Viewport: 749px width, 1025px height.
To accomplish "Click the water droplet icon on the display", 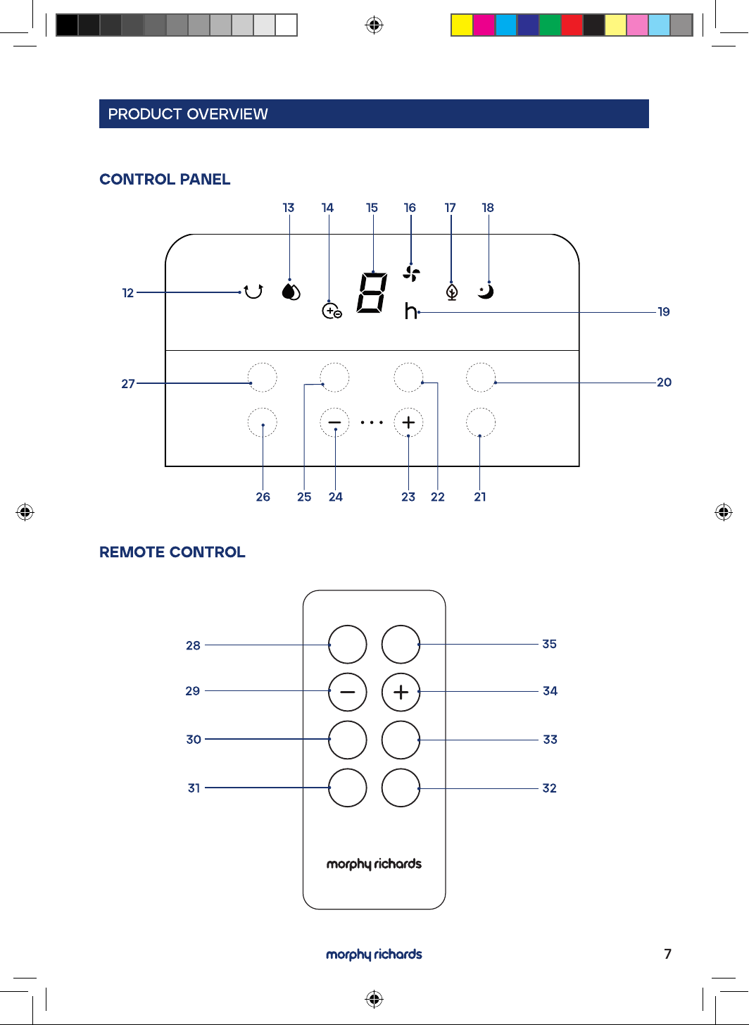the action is click(x=291, y=292).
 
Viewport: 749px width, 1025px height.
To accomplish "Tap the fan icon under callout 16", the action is click(x=411, y=273).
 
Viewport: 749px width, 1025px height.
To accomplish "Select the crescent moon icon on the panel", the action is click(x=486, y=292).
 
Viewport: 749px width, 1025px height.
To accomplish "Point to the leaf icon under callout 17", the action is click(x=452, y=292).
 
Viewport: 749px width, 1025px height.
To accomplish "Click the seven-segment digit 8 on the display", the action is click(x=372, y=293).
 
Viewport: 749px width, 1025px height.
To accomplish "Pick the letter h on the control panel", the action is click(x=410, y=311).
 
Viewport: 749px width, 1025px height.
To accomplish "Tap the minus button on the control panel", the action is click(x=334, y=423).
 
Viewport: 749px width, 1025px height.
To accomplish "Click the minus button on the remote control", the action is click(x=348, y=692).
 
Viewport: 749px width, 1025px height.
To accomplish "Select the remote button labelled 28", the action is click(x=348, y=645).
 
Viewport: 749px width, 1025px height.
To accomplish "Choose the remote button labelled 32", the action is click(x=401, y=788).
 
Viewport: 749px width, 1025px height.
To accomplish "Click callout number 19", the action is click(x=664, y=311).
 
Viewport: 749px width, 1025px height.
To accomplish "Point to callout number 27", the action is click(x=128, y=383).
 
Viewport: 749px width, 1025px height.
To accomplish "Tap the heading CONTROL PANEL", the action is click(x=165, y=179).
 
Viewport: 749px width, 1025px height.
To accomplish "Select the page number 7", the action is click(x=667, y=954).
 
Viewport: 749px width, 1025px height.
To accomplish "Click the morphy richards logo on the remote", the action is click(x=374, y=864).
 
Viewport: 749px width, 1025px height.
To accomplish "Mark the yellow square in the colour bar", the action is click(x=462, y=25).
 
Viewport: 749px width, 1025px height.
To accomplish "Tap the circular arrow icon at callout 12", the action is click(x=253, y=291).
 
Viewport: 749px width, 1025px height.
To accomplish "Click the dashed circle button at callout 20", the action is click(x=481, y=378).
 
